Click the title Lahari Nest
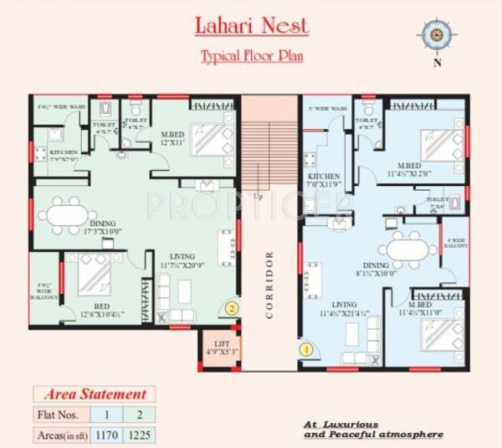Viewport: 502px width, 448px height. point(252,24)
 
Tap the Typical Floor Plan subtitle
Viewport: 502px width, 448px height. point(251,57)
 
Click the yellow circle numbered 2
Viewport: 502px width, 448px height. point(232,307)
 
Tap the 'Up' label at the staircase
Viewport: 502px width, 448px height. point(259,195)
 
